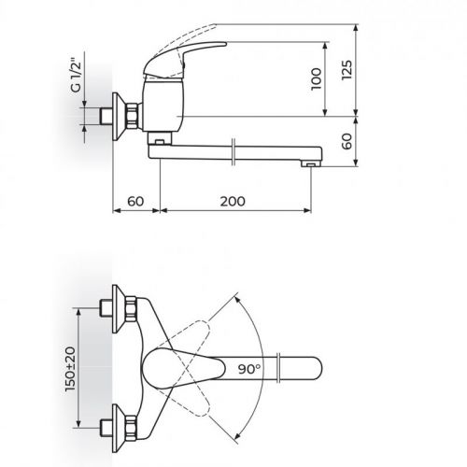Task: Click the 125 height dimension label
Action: (x=347, y=70)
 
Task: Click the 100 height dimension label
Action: (x=317, y=78)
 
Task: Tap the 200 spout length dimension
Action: (x=233, y=202)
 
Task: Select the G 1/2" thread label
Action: (x=76, y=75)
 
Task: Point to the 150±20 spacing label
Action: (x=70, y=369)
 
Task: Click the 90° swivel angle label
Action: (x=249, y=369)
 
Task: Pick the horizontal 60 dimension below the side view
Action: (x=135, y=202)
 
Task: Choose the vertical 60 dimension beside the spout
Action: (x=347, y=141)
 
